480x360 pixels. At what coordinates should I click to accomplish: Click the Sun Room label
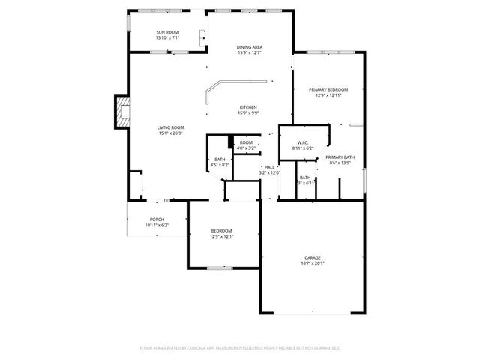tap(167, 32)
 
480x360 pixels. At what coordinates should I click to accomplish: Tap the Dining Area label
tap(250, 47)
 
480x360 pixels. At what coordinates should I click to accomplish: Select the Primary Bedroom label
tap(328, 89)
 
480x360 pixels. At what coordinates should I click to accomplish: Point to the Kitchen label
tap(248, 106)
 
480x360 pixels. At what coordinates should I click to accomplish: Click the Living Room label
tap(170, 127)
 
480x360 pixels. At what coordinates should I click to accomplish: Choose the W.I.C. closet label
tap(302, 142)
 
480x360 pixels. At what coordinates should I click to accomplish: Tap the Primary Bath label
tap(340, 157)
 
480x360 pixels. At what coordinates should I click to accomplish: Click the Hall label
tap(269, 167)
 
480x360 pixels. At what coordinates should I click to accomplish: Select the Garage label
tap(313, 257)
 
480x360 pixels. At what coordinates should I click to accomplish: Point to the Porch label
tap(157, 220)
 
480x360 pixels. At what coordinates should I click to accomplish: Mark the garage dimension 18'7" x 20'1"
tap(313, 263)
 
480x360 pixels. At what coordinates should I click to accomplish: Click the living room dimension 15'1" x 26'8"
tap(170, 133)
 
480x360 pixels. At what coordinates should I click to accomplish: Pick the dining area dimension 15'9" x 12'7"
tap(250, 53)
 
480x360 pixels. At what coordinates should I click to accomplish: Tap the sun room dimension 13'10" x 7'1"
tap(167, 38)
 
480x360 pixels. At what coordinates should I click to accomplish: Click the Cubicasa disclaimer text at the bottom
tap(240, 348)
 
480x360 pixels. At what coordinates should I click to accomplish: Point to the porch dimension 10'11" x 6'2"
tap(157, 226)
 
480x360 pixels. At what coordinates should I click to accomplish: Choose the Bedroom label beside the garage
tap(221, 230)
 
